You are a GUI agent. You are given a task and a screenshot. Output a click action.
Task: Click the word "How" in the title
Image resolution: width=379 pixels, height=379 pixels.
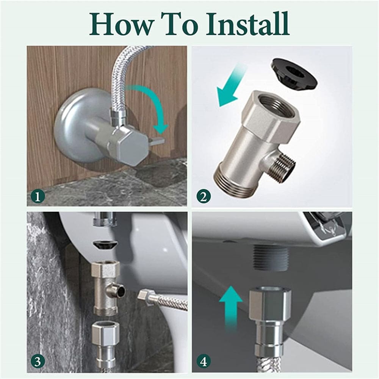click(121, 24)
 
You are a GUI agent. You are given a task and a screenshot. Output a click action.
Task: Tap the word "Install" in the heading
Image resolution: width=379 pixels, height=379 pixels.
click(247, 23)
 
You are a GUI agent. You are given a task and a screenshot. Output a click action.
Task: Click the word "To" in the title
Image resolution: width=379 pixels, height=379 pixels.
click(180, 24)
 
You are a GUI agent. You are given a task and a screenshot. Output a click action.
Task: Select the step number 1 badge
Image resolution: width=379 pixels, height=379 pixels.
click(38, 196)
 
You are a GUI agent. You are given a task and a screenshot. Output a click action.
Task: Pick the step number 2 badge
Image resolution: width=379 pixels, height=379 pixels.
click(203, 196)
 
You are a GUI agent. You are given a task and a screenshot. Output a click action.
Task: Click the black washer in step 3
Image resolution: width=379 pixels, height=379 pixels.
click(105, 246)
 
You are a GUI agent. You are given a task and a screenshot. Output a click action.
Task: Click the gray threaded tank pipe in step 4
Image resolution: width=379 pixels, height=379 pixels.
click(271, 258)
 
